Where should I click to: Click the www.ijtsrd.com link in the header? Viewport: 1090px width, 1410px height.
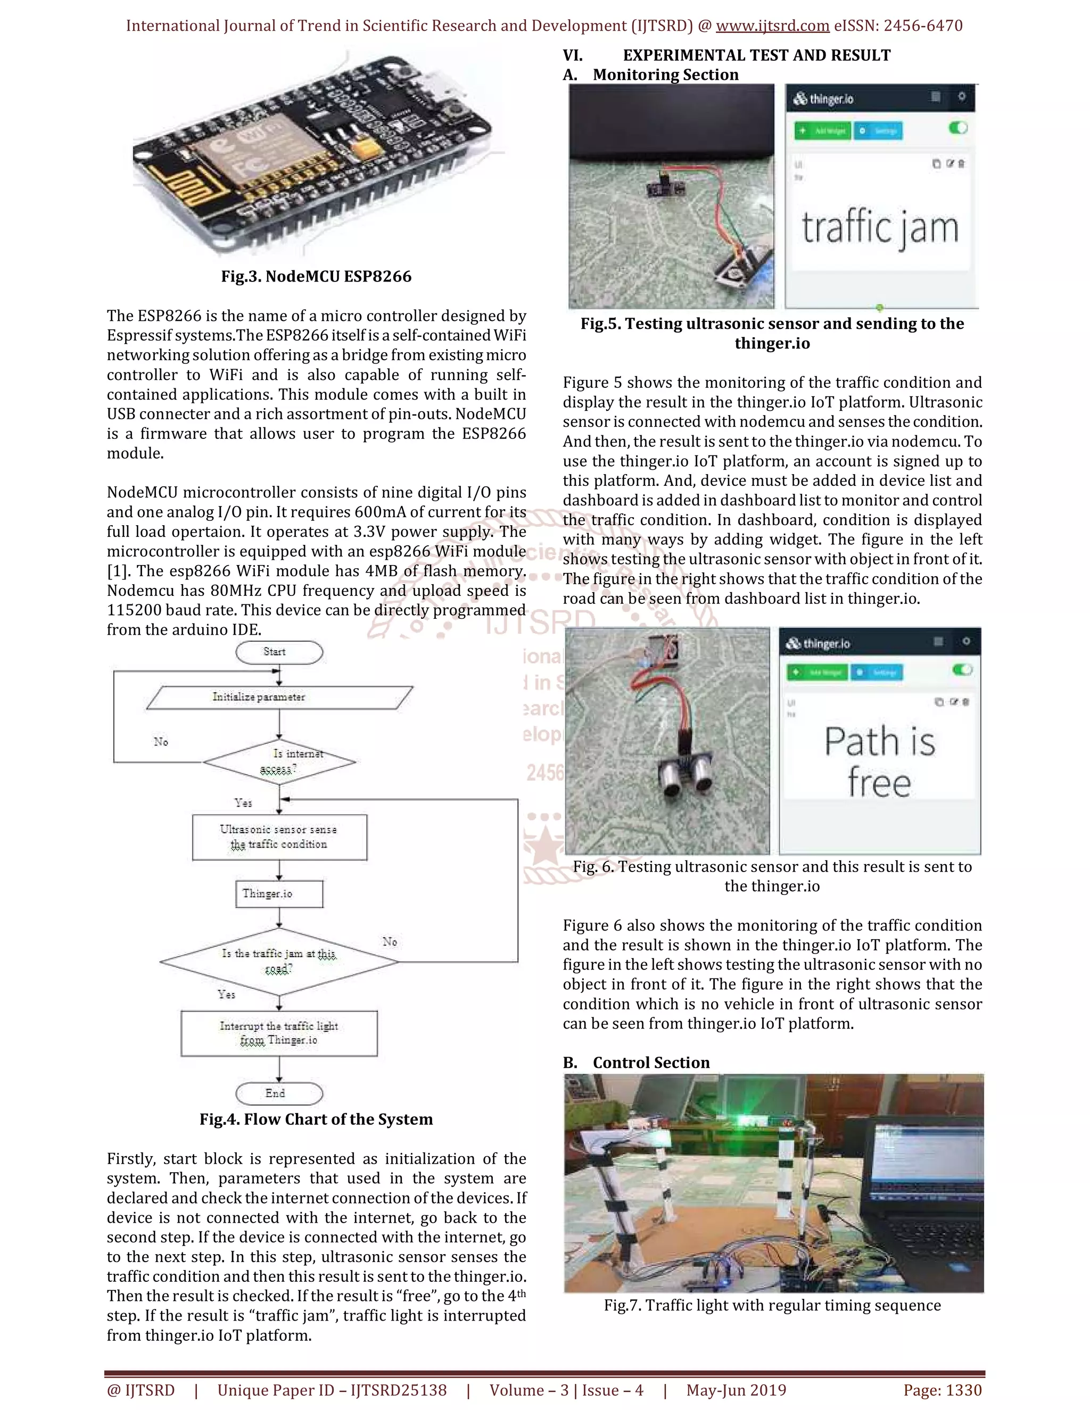pos(772,26)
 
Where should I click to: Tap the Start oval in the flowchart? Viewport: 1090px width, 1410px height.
pos(279,652)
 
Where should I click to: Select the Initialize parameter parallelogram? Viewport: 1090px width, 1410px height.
pos(279,697)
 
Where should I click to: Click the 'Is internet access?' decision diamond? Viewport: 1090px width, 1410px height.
pos(279,762)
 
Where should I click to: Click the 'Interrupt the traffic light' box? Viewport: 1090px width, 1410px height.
pos(279,1033)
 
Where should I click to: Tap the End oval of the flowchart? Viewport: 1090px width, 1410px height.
pos(279,1093)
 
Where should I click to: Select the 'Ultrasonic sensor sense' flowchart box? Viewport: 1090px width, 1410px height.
pos(279,837)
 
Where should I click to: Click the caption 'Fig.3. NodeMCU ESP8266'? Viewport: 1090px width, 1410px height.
pos(316,276)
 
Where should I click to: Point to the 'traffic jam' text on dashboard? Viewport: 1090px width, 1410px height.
pos(879,228)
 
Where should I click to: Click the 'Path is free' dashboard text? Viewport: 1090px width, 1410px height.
pos(879,762)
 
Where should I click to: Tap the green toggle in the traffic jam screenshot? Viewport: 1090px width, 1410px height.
pos(958,128)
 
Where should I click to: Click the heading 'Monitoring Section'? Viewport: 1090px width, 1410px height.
pos(665,75)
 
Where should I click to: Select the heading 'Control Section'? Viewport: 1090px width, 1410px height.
pos(651,1063)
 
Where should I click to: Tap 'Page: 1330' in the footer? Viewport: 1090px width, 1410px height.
pos(942,1390)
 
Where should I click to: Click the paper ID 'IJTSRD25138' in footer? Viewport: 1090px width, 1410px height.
pos(399,1390)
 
